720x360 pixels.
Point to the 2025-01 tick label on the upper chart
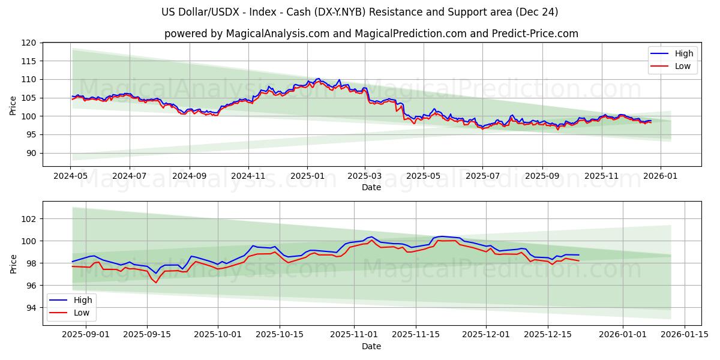[x=307, y=176]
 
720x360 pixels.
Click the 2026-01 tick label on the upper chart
[x=660, y=176]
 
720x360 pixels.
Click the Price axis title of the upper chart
[x=13, y=105]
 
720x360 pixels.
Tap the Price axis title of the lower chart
[x=13, y=263]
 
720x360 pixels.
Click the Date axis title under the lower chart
[x=371, y=346]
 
